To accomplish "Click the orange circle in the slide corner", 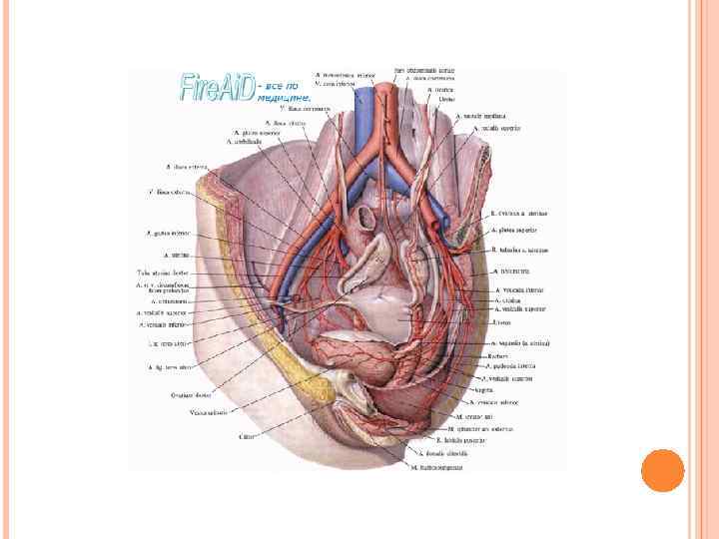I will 661,469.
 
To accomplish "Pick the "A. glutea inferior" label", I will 167,234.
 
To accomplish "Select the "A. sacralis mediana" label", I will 476,117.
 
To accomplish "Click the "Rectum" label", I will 498,354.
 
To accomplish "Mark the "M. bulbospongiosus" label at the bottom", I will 442,465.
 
